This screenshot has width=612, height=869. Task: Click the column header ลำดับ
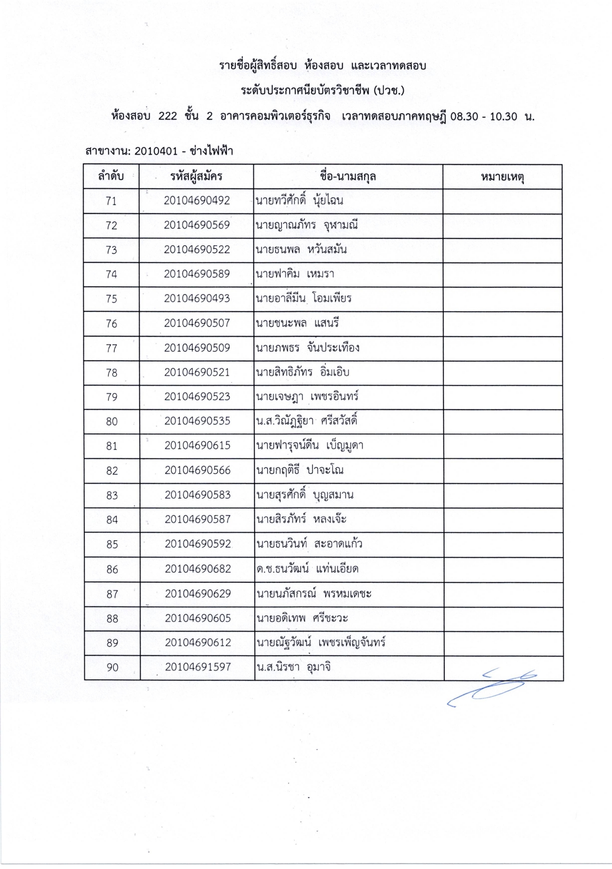pyautogui.click(x=111, y=176)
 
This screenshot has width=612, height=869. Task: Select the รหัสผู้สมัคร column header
pyautogui.click(x=196, y=176)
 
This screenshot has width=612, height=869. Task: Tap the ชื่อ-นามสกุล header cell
pyautogui.click(x=348, y=176)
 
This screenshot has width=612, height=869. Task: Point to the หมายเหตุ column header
pyautogui.click(x=502, y=177)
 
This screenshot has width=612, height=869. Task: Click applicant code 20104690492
pyautogui.click(x=197, y=201)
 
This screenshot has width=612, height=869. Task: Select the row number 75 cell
pyautogui.click(x=111, y=299)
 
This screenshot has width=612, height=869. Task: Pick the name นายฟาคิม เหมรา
pyautogui.click(x=295, y=274)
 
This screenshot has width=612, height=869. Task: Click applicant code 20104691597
pyautogui.click(x=198, y=667)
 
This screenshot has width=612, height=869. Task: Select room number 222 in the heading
pyautogui.click(x=168, y=116)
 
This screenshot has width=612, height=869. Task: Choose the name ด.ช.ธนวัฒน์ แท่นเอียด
pyautogui.click(x=307, y=569)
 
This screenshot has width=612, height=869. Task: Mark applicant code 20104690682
pyautogui.click(x=198, y=569)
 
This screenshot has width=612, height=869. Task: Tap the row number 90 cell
pyautogui.click(x=112, y=667)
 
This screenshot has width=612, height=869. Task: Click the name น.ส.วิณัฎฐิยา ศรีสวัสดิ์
pyautogui.click(x=306, y=422)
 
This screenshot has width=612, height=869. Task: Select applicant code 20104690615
pyautogui.click(x=198, y=445)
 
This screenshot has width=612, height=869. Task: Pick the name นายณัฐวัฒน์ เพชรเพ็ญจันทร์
pyautogui.click(x=321, y=643)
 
